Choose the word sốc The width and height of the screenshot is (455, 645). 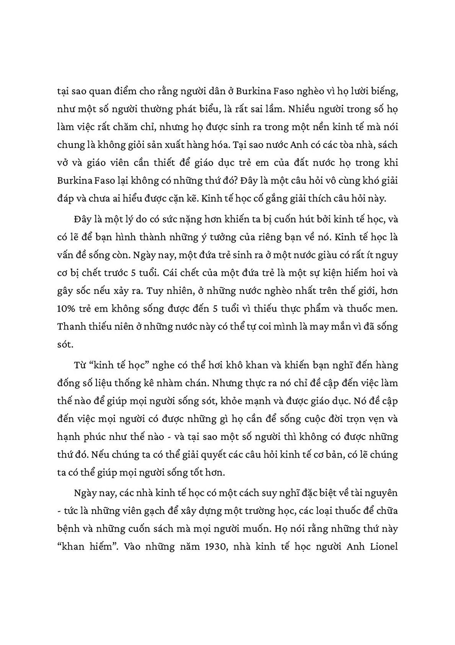click(91, 291)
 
